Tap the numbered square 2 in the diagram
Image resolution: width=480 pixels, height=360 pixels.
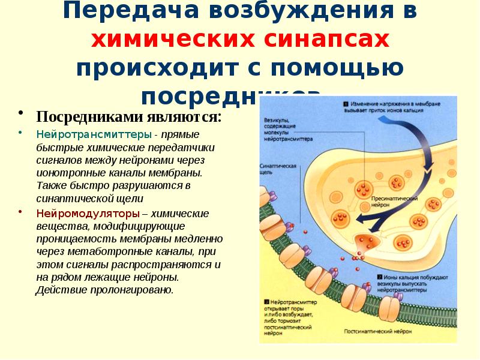pyautogui.click(x=380, y=277)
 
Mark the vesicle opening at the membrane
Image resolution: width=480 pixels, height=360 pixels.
pyautogui.click(x=365, y=242)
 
